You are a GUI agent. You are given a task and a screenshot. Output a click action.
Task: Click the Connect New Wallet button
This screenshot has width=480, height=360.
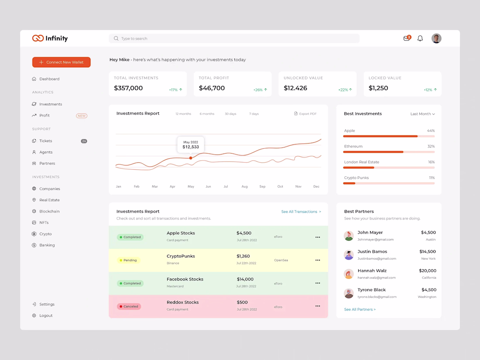click(62, 62)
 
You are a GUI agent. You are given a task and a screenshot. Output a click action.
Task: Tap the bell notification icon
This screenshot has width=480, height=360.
click(420, 38)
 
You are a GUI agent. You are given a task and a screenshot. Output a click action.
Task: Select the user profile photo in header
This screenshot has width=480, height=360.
click(436, 38)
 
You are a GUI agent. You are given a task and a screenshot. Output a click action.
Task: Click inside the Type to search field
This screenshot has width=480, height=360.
click(234, 38)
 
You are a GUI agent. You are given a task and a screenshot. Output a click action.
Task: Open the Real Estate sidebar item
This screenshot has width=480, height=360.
click(49, 200)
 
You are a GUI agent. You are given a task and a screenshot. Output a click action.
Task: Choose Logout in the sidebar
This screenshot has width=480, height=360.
click(46, 315)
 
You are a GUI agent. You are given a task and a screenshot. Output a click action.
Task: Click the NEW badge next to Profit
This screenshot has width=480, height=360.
click(82, 116)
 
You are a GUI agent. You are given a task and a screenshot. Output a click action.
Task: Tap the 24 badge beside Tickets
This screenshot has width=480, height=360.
click(84, 141)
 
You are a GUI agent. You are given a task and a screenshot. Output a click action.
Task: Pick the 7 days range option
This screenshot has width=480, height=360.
click(254, 114)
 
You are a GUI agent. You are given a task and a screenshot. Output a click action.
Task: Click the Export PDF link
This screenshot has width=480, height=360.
click(305, 114)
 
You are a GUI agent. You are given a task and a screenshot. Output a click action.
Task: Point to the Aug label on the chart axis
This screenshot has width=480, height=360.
click(244, 186)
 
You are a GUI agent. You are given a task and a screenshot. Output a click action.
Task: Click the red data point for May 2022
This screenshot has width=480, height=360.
click(191, 158)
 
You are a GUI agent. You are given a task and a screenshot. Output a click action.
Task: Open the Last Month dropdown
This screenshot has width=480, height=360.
click(422, 114)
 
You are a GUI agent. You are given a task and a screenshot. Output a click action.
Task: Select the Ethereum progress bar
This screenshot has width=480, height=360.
click(389, 152)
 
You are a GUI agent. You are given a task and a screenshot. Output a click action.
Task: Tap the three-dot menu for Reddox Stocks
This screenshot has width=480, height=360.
click(318, 306)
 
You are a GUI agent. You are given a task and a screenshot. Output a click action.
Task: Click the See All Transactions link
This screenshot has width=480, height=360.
click(301, 212)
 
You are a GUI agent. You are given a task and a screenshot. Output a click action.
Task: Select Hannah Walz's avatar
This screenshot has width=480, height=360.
click(349, 274)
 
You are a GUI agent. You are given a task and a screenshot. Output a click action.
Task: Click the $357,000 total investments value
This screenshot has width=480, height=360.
click(128, 88)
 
